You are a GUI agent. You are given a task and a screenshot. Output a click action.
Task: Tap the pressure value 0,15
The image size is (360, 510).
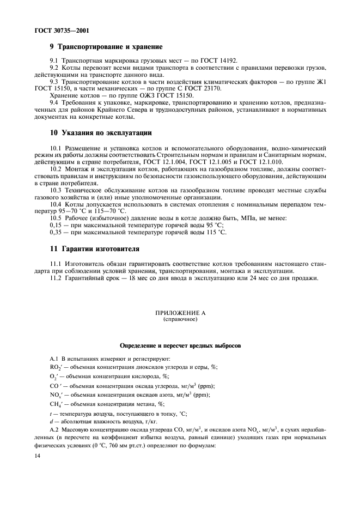coord(56,225)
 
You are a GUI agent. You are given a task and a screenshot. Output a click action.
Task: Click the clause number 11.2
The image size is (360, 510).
coord(56,278)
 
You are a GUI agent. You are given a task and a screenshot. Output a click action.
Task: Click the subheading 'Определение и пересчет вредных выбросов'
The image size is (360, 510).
coord(180,346)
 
